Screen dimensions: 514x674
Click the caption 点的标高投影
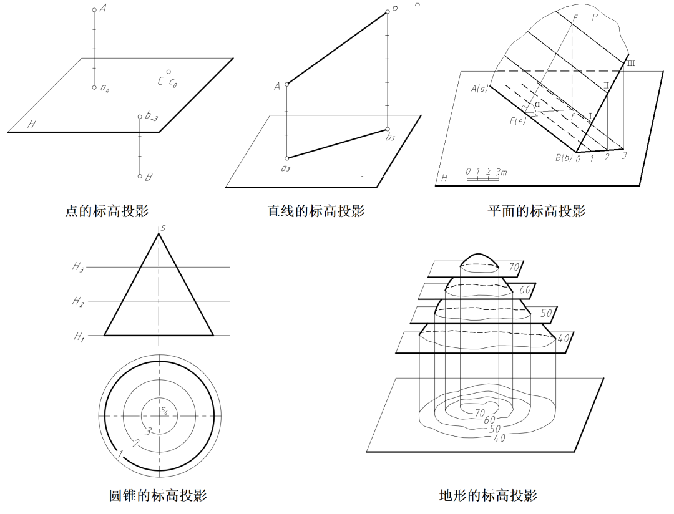(107, 211)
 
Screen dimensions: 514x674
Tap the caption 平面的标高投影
(537, 211)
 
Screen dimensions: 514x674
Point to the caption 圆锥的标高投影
(158, 496)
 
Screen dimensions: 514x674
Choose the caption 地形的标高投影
(488, 496)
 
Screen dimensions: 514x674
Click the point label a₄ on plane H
(105, 89)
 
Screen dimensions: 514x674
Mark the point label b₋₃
(151, 116)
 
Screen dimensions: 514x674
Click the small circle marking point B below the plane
(140, 177)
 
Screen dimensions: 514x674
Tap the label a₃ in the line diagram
(286, 168)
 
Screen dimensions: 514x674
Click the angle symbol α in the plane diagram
(537, 104)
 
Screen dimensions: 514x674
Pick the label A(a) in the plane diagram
(479, 89)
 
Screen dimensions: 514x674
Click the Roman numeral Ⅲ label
(631, 63)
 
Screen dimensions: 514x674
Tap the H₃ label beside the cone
(77, 267)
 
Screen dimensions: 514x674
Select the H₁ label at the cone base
(78, 337)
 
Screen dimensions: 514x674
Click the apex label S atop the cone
(162, 228)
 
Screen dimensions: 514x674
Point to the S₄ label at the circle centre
(164, 410)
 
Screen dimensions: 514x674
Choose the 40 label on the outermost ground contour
(499, 438)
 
